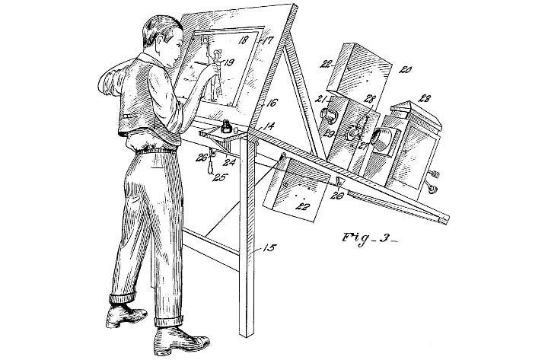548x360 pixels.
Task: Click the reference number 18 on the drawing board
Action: click(244, 40)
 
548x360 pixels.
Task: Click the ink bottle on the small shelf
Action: click(225, 128)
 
